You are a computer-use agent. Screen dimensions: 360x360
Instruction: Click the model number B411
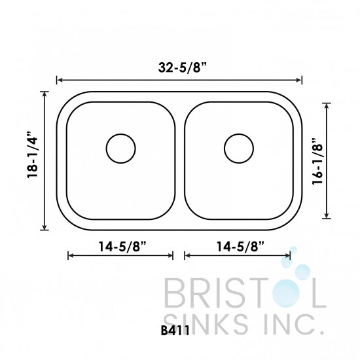pos(173,331)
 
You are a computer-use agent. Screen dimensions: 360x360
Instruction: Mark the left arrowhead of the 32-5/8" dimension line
pos(60,81)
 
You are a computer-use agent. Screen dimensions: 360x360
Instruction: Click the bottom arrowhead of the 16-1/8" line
pos(327,217)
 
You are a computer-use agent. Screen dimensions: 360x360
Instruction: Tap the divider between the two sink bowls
pos(179,160)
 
